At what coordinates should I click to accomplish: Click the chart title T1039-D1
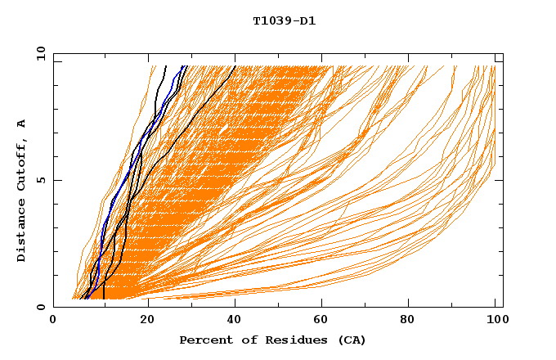[284, 21]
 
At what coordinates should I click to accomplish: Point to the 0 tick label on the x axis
[53, 322]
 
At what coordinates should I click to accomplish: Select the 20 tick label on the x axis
[141, 322]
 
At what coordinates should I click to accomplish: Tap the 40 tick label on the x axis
[231, 322]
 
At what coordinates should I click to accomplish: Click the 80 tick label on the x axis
[407, 322]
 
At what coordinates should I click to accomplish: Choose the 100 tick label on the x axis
[495, 322]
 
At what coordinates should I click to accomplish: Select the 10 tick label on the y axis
[38, 53]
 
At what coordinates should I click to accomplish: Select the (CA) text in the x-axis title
[350, 340]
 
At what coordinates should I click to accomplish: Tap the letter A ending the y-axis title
[22, 123]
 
